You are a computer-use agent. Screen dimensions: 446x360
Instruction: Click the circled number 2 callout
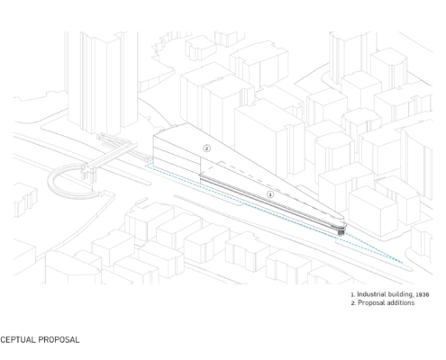tap(206, 148)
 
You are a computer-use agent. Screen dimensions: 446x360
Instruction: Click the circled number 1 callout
tap(270, 194)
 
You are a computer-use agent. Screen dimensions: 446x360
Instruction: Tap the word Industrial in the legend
tap(370, 294)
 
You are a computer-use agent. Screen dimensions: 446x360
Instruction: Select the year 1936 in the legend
tap(423, 294)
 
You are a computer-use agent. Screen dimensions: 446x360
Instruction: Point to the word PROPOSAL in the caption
tap(59, 339)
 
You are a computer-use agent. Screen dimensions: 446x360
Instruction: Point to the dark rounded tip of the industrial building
tap(341, 232)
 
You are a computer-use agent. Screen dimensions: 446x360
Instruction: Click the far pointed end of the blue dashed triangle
tap(402, 263)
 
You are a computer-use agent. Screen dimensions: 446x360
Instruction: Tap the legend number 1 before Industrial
tap(353, 295)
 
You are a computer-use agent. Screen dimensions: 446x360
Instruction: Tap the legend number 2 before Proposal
tap(353, 303)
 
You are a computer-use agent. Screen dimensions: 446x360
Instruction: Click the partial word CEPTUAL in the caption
tap(17, 339)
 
